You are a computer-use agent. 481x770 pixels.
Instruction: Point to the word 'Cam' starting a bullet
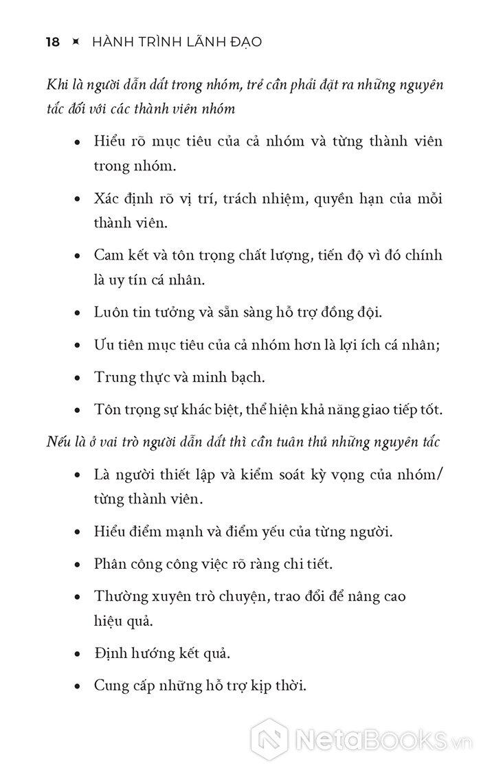(107, 256)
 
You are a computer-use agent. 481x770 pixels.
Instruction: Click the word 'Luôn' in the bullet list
(110, 313)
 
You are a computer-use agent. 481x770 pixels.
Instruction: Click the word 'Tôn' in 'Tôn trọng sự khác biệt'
(107, 410)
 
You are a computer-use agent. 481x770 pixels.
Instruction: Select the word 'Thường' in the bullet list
(118, 597)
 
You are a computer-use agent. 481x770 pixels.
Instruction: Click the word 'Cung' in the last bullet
(110, 685)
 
